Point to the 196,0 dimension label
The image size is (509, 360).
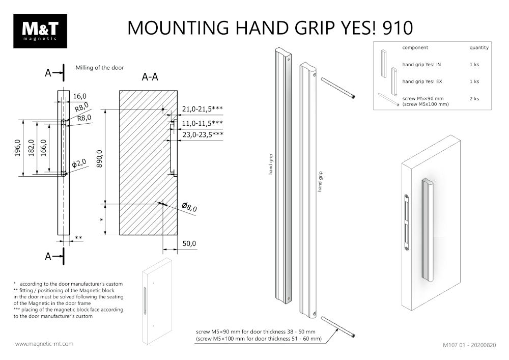click(17, 149)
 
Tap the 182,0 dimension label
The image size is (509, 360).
click(32, 149)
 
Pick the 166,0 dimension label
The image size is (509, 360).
click(45, 149)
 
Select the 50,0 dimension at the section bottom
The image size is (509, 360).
click(189, 244)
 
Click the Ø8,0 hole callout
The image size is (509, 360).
click(189, 207)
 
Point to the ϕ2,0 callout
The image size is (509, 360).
click(79, 163)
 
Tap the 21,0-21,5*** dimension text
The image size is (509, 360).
click(202, 109)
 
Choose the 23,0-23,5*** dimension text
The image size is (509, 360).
click(202, 134)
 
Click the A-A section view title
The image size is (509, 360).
click(150, 77)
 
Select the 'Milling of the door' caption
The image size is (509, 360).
click(100, 67)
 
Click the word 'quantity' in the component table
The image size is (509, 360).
click(478, 48)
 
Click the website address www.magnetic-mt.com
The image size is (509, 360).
click(44, 344)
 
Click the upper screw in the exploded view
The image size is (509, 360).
click(337, 87)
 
